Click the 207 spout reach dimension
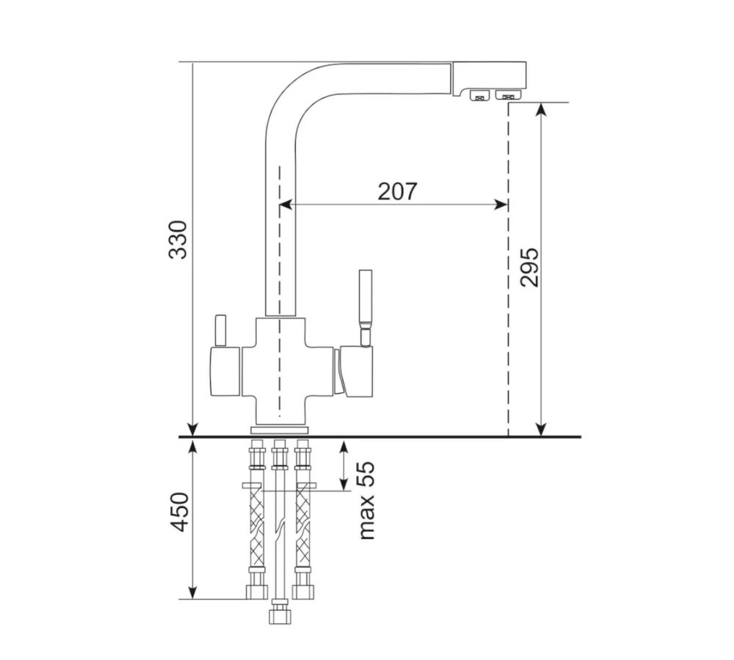(397, 191)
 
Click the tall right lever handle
(365, 301)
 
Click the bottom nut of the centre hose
(279, 612)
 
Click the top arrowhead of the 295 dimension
(540, 109)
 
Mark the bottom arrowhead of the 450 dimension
(192, 592)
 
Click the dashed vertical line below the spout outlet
(508, 293)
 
